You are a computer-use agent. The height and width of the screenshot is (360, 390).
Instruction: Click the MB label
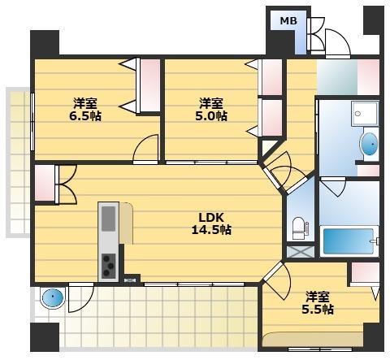point(288,20)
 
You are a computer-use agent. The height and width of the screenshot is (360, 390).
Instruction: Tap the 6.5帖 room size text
point(85,116)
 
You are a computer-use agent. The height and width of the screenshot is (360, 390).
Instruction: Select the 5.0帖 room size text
point(211,116)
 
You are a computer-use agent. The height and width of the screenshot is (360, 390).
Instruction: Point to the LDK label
point(211,217)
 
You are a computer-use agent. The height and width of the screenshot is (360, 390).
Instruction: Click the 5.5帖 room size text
point(318,309)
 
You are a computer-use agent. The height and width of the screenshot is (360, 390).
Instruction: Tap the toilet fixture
point(300,228)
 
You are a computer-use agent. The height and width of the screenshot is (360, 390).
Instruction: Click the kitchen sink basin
point(109,219)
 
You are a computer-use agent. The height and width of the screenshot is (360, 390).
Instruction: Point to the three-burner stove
point(109,266)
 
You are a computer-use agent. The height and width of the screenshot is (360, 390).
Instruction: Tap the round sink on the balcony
point(53,297)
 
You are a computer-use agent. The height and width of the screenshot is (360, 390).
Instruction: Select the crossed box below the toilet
point(301,252)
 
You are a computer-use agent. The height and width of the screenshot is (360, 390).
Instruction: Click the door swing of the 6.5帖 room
point(145,149)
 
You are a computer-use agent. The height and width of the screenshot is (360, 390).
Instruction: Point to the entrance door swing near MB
point(338,43)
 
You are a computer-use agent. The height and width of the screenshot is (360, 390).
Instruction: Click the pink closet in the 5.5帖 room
point(365,273)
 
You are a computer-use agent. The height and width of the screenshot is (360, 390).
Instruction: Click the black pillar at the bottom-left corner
point(45,336)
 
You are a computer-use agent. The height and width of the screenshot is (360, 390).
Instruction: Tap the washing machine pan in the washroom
point(365,113)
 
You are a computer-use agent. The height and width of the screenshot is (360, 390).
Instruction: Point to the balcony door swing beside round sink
point(80,297)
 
